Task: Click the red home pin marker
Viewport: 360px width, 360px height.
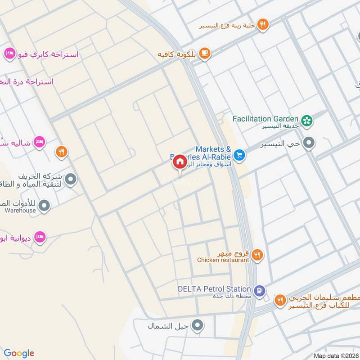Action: click(180, 162)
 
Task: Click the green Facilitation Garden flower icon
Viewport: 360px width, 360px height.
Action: click(307, 120)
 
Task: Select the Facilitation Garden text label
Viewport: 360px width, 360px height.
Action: click(265, 119)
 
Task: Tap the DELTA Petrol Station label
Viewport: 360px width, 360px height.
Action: click(214, 289)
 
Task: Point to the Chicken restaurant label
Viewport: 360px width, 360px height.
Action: click(223, 260)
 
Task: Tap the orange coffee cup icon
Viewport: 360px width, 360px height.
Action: click(205, 54)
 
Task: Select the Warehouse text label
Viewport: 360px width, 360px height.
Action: click(20, 210)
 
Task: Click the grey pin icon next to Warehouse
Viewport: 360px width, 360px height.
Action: click(44, 207)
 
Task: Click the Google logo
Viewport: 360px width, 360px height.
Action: click(19, 353)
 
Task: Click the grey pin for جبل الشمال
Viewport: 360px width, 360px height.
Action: click(197, 325)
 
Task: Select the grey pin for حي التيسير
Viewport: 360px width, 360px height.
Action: click(309, 144)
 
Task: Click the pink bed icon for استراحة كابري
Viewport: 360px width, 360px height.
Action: click(8, 54)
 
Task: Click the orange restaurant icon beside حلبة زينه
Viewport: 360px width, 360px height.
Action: click(263, 25)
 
